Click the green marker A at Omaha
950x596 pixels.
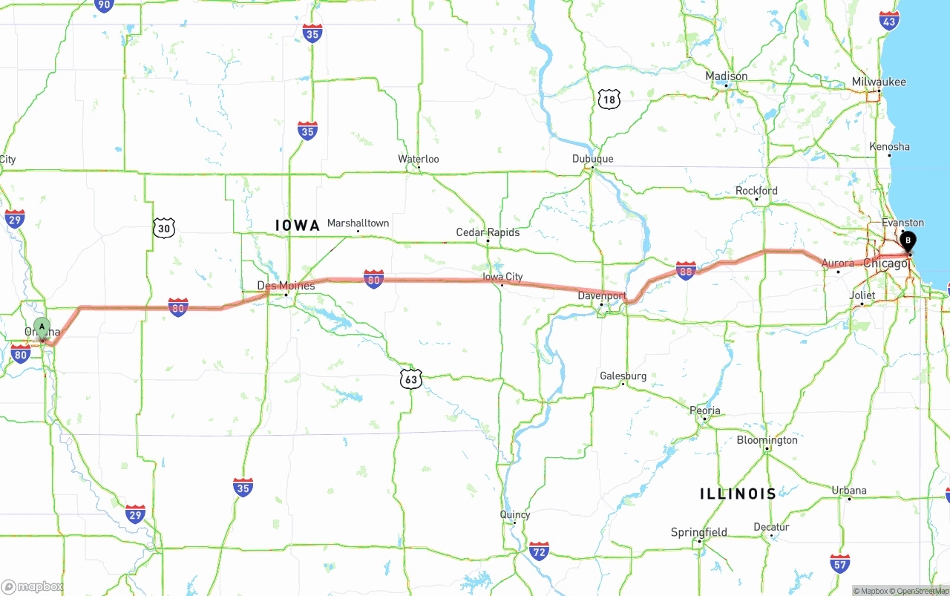[42, 327]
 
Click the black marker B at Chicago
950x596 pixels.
[907, 240]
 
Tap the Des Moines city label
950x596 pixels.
[286, 285]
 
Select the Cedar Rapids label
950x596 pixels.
[488, 232]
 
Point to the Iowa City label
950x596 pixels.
[502, 276]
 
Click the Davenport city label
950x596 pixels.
[602, 295]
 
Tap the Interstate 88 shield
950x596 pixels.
[686, 270]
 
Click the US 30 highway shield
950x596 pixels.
[165, 228]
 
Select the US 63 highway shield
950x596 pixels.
[411, 379]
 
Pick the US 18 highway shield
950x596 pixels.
[609, 99]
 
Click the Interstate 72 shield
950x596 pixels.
[540, 551]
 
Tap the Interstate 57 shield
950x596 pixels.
[840, 563]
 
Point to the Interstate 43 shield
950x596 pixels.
[889, 20]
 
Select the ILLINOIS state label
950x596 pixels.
[738, 494]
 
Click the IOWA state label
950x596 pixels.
[297, 225]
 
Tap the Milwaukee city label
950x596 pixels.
[879, 82]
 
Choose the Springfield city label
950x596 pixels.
[699, 532]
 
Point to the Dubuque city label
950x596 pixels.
[592, 159]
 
